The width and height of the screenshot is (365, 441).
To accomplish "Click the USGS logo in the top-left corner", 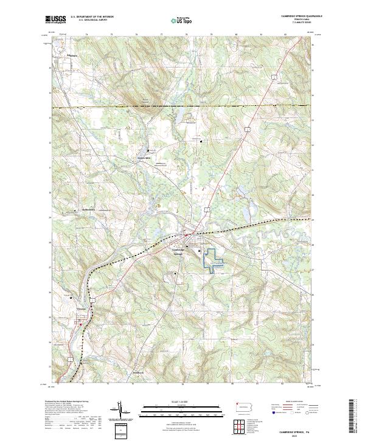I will (55, 19).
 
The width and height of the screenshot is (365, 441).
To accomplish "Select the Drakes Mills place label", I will (142, 159).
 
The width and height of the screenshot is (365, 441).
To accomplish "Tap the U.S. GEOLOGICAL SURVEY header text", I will (90, 21).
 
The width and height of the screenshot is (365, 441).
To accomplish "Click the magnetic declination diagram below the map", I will (120, 413).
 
